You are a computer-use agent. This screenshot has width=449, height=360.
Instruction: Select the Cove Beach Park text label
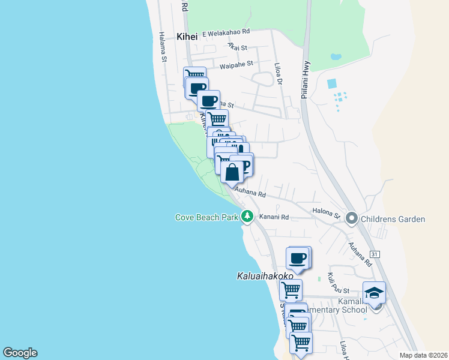206,218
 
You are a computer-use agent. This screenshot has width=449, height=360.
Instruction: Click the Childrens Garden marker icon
352,219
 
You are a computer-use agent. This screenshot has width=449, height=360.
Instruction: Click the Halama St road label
162,47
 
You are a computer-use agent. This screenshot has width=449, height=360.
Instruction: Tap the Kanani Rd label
275,217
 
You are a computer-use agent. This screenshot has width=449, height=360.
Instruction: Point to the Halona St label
326,212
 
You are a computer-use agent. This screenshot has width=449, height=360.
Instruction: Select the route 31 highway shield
375,254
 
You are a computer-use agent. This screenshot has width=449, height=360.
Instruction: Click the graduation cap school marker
374,293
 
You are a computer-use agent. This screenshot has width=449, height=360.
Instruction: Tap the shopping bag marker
232,172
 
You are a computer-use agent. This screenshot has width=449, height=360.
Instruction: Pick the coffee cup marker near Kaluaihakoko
298,258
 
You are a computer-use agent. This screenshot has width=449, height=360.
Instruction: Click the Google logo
20,353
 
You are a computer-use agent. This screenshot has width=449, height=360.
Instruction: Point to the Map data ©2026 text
423,355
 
